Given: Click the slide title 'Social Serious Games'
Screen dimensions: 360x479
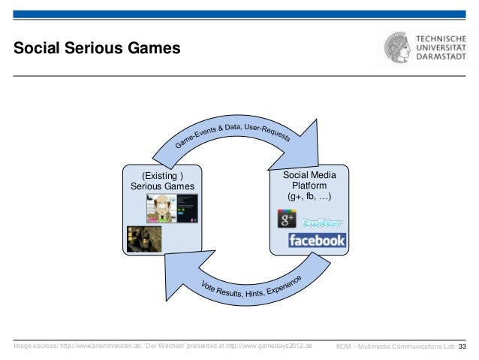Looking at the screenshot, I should click(97, 50).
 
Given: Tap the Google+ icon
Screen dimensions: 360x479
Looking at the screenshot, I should click(288, 219).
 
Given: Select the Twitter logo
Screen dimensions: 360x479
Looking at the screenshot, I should click(323, 222).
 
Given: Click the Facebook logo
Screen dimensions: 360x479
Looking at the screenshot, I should click(317, 241).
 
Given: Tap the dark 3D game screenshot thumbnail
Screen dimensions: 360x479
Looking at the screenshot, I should click(143, 238).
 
